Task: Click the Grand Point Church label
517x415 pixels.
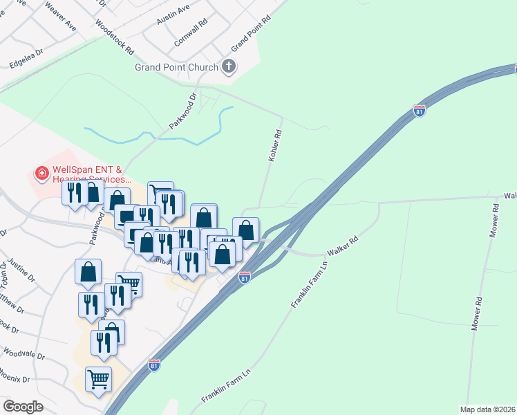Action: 176,67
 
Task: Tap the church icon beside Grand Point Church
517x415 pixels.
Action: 229,67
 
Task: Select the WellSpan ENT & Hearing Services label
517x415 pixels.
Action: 87,174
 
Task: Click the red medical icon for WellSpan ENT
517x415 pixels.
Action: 41,172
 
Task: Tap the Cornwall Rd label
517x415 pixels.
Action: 191,32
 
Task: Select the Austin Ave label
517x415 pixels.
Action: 173,15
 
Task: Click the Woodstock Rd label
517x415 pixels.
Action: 115,37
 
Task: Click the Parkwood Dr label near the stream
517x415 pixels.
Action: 183,114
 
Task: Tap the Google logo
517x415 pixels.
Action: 23,407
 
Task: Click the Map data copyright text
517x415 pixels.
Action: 487,409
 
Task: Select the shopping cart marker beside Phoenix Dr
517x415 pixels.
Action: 98,378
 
